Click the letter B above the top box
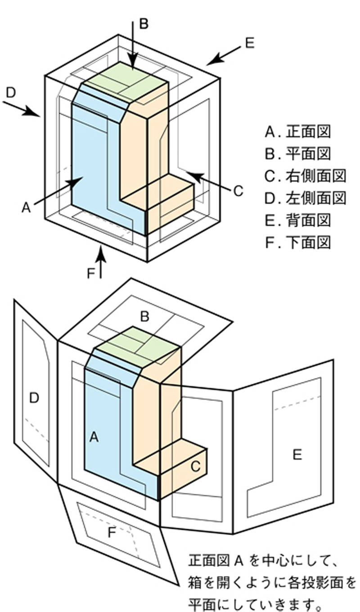143,24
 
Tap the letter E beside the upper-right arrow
250,43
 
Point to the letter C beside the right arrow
238,191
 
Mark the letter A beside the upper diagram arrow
26,207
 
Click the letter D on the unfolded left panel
34,397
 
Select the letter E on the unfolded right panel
297,454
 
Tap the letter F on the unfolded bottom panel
112,533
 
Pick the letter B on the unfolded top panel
144,317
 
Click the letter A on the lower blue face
94,436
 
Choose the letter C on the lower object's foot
195,467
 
